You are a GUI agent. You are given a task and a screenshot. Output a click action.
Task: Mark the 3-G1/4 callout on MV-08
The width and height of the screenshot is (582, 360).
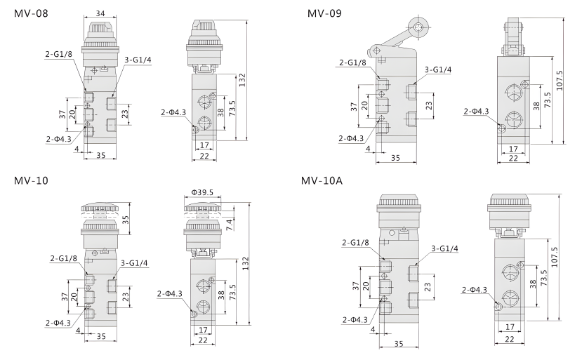[138, 60]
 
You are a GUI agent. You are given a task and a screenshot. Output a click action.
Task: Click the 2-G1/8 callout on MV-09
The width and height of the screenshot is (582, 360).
[353, 62]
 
